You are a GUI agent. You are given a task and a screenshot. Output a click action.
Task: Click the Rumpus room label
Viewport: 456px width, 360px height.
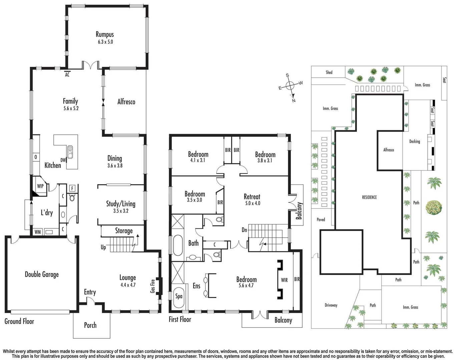pos(105,34)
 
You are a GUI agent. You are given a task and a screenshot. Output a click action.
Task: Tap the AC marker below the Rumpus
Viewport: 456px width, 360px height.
pos(67,75)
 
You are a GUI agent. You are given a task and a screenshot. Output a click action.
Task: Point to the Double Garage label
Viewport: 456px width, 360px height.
pos(42,274)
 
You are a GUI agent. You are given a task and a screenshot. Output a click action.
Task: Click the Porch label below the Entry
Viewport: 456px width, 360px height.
pos(90,325)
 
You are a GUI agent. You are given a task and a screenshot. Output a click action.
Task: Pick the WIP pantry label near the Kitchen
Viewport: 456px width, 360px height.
pos(40,186)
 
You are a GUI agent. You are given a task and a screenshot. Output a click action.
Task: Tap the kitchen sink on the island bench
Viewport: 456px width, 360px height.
pos(71,152)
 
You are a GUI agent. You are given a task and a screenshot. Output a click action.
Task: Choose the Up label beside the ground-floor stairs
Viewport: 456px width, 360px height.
pos(103,247)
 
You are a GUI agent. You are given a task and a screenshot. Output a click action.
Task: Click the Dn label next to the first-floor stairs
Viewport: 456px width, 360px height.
pos(245,230)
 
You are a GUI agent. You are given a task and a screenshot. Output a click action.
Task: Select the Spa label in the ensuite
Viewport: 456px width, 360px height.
pos(179,296)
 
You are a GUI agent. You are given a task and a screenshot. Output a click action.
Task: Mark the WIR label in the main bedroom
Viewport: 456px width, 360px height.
pos(284,280)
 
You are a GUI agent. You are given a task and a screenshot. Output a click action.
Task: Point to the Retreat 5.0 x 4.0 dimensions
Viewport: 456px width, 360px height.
pos(252,203)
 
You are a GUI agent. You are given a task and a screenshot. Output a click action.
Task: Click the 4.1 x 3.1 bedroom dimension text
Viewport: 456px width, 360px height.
pos(198,160)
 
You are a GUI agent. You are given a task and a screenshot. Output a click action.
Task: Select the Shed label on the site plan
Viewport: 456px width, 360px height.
pos(329,72)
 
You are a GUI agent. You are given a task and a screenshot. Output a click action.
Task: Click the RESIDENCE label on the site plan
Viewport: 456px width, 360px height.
pos(369,197)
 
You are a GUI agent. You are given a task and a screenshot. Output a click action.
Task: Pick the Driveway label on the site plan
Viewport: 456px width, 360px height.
pos(331,305)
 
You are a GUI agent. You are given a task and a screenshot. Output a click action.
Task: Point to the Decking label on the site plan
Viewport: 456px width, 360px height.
pos(415,141)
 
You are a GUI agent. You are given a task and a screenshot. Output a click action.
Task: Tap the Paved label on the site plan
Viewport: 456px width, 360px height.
pos(321,219)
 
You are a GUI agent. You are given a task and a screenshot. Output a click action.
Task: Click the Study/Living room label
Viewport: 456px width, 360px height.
pos(121,204)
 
